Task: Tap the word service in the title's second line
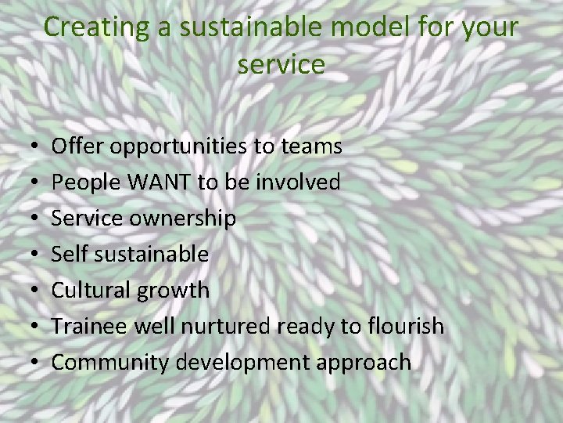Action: click(x=281, y=63)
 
